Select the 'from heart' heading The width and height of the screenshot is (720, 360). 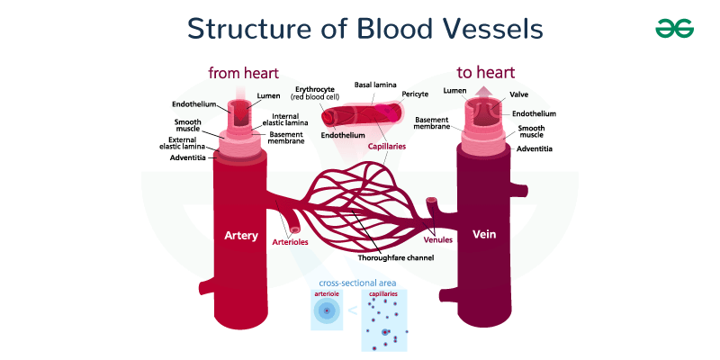point(243,72)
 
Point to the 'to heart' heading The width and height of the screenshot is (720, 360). point(485,72)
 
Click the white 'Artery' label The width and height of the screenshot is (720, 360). point(241,236)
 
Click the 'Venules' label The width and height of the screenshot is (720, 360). point(437,240)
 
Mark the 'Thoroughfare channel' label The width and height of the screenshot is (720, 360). point(397,257)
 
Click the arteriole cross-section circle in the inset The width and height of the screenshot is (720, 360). point(326,311)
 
